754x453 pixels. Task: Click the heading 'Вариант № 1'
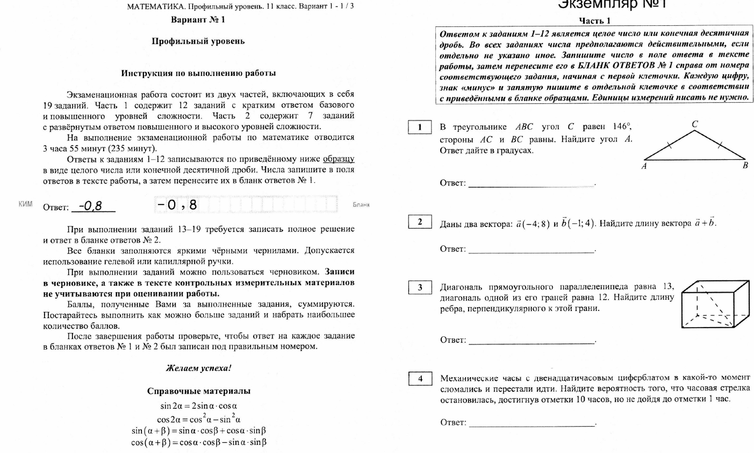pos(198,20)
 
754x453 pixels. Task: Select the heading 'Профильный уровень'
pos(198,41)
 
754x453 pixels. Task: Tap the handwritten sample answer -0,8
pos(90,206)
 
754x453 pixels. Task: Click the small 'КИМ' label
pos(25,204)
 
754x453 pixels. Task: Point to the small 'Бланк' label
pos(362,204)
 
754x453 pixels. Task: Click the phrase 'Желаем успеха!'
pos(199,369)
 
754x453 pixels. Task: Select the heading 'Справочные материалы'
pos(199,391)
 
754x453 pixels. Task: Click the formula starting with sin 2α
pos(199,406)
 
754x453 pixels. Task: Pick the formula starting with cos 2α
pos(199,419)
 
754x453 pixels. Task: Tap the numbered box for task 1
pos(420,128)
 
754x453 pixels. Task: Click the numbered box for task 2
pos(420,222)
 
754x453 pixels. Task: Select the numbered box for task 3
pos(420,287)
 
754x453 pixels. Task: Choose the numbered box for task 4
pos(420,378)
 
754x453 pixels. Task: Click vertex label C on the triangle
pos(695,124)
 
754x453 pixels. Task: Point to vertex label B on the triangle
pos(745,166)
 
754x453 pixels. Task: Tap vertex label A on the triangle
pos(644,166)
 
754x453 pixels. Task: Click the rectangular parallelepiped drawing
pos(715,304)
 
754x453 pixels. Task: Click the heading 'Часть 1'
pos(594,21)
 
